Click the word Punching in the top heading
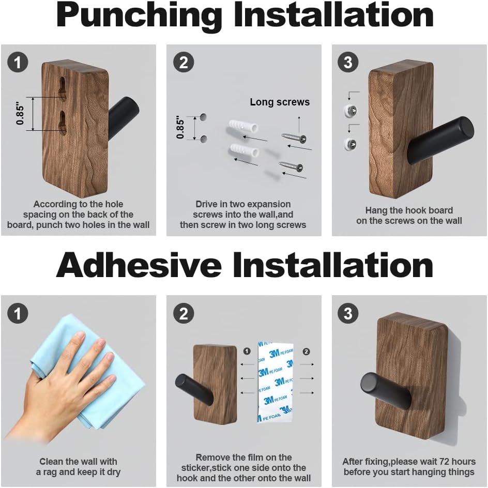[x=139, y=16]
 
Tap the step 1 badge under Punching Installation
[x=18, y=63]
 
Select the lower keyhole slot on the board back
[x=63, y=123]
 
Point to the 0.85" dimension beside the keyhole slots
[x=21, y=114]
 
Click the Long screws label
[x=280, y=102]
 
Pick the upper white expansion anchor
[x=241, y=128]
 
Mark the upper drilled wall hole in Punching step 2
[x=203, y=116]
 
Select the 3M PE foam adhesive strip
[x=275, y=382]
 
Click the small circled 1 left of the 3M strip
[x=247, y=352]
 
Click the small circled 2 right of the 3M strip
[x=306, y=352]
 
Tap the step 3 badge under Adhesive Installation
[x=348, y=314]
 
